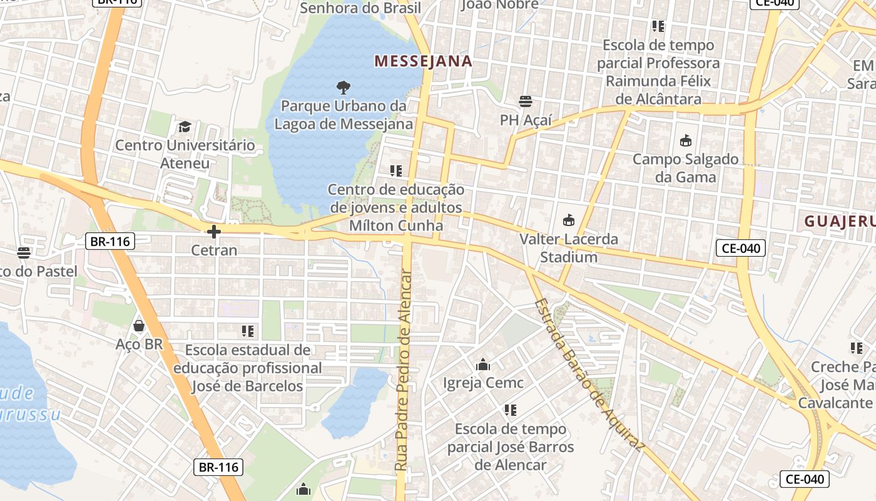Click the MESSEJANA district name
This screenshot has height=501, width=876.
click(x=423, y=61)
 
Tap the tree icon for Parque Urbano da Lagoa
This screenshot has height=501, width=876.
click(x=343, y=87)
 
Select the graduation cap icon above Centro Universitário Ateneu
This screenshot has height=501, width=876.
click(x=185, y=127)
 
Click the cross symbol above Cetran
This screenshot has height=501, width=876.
click(x=214, y=232)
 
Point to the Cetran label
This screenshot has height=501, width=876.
click(x=214, y=250)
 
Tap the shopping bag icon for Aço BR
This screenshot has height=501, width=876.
click(x=139, y=326)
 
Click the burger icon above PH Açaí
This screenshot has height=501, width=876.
click(x=525, y=101)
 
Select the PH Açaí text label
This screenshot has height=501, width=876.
click(x=525, y=120)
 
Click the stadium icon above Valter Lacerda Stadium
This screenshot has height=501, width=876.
click(x=568, y=220)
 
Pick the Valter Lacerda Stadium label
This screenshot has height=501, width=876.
click(x=568, y=248)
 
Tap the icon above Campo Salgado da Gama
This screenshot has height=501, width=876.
click(x=685, y=140)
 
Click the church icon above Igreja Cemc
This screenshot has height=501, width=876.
click(x=483, y=364)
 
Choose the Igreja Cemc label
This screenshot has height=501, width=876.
click(x=483, y=382)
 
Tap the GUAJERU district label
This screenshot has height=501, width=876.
click(x=838, y=221)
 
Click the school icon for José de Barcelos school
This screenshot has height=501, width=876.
click(x=247, y=331)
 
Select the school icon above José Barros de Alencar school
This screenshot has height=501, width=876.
click(x=510, y=410)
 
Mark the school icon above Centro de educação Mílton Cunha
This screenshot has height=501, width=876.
click(x=395, y=170)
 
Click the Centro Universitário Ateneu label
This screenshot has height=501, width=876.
click(x=185, y=154)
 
